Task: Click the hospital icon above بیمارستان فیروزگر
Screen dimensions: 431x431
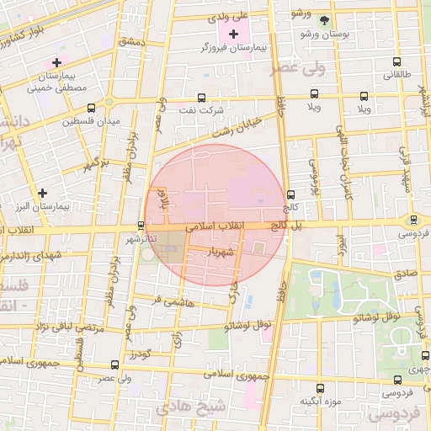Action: point(233,34)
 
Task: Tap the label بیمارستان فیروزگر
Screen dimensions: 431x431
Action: point(239,49)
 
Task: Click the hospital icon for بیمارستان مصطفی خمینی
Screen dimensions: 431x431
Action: point(56,62)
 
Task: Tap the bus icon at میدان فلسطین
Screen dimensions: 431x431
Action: point(91,108)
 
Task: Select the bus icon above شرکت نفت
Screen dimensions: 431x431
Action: point(200,97)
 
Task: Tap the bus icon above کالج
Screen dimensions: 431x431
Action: point(290,193)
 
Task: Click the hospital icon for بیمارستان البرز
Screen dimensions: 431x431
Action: point(42,193)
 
